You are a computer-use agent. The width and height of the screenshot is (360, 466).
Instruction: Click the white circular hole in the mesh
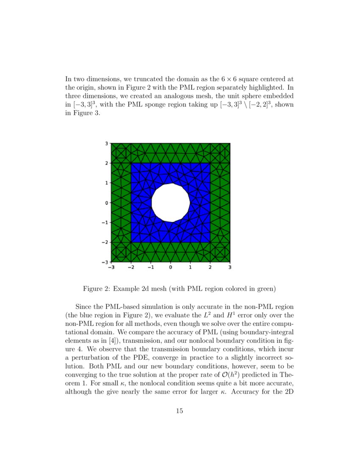click(170, 202)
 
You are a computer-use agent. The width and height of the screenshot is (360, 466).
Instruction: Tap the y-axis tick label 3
click(107, 143)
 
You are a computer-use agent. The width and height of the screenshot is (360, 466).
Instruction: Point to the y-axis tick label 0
click(107, 202)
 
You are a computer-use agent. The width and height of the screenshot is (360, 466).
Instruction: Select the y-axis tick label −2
click(105, 242)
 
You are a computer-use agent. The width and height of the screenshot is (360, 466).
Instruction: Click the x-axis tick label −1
click(150, 267)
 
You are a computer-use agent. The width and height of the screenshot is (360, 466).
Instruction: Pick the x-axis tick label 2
click(210, 267)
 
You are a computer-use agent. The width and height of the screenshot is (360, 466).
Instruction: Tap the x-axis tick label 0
click(170, 267)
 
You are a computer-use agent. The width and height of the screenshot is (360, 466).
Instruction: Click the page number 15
click(180, 411)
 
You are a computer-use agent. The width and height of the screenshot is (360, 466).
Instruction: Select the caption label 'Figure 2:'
click(97, 289)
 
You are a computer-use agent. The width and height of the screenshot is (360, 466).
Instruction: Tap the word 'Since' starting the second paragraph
click(84, 306)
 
